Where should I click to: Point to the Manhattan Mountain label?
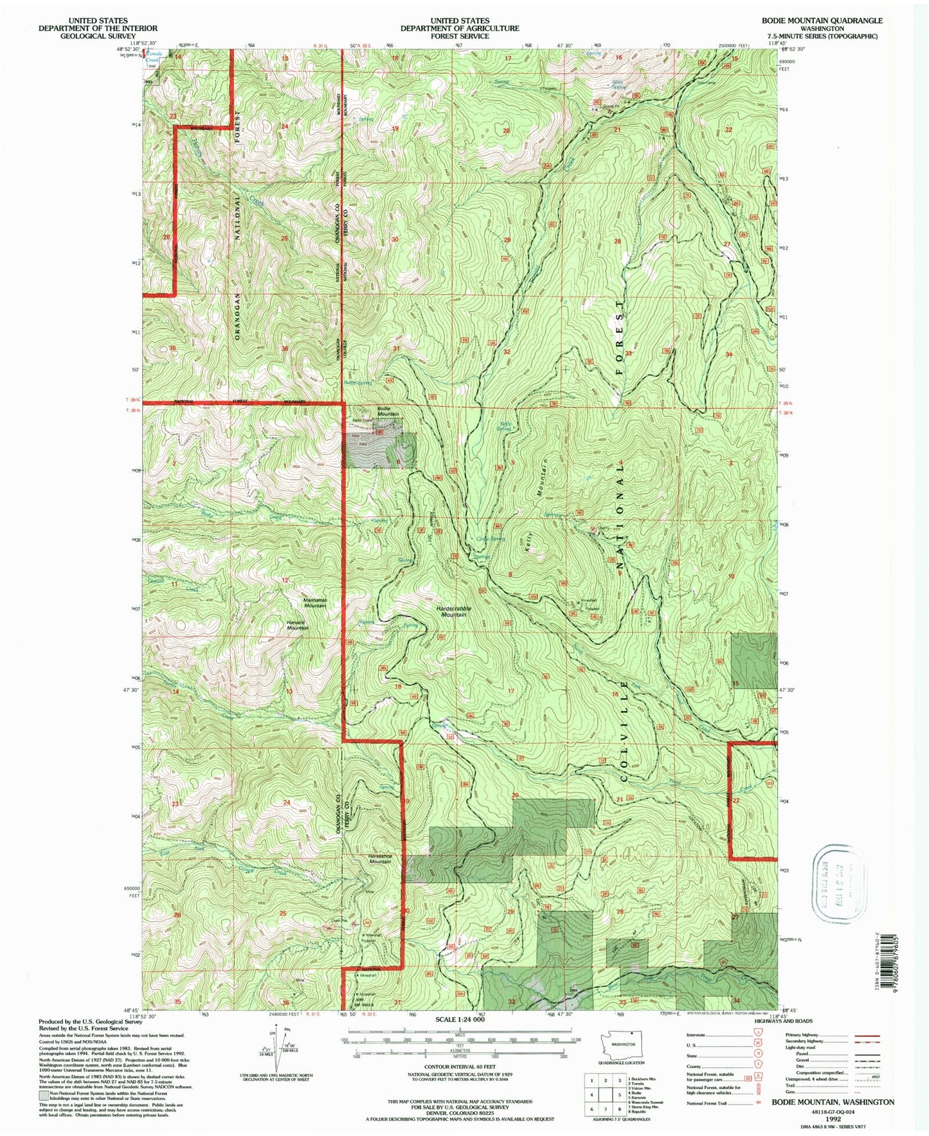tap(315, 602)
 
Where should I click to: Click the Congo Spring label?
tap(491, 539)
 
